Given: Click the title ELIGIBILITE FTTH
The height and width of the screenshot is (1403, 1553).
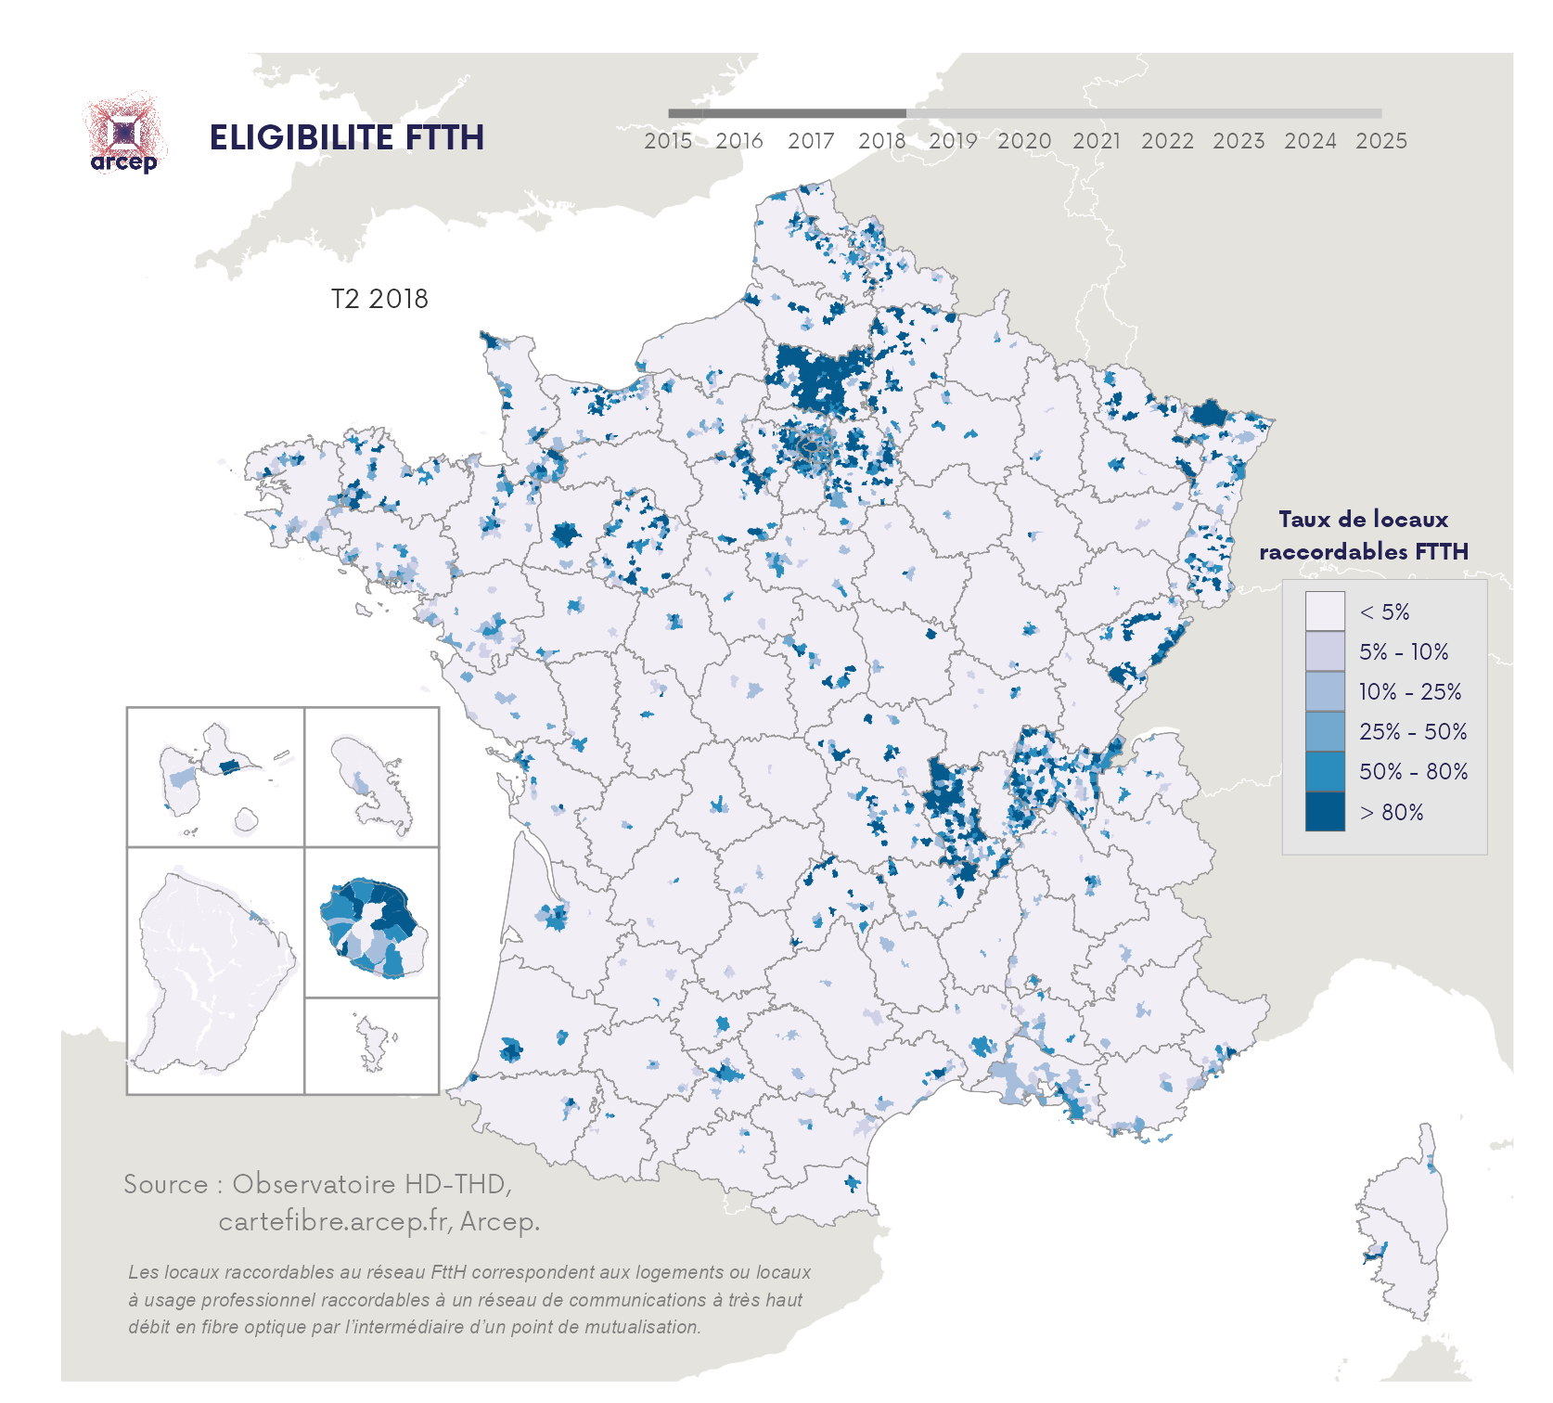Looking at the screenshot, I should [x=346, y=137].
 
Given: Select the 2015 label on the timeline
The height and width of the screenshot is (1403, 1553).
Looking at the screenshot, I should [x=668, y=141].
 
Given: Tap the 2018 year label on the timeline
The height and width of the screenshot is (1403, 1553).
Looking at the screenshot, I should [x=881, y=141].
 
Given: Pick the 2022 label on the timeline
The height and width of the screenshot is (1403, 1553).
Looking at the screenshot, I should [x=1167, y=141].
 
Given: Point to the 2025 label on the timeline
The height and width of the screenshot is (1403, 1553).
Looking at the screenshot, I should [x=1381, y=141].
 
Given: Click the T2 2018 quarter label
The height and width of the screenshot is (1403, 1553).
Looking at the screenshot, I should [x=379, y=299].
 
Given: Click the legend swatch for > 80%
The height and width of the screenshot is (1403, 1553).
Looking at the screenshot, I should [x=1324, y=812].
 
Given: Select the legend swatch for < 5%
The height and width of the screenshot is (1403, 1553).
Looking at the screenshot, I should [x=1324, y=611].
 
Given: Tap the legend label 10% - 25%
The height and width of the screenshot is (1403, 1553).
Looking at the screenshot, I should [x=1409, y=692].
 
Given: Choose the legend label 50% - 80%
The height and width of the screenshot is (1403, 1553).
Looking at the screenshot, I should [x=1413, y=772].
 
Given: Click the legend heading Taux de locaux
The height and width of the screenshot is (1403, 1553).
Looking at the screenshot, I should [x=1363, y=520].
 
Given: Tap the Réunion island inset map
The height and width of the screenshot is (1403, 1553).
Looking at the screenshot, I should [x=373, y=925].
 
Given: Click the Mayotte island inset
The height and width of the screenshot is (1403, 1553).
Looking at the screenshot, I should [x=373, y=1044].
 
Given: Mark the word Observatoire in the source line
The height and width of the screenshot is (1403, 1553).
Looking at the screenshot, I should [x=314, y=1184].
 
